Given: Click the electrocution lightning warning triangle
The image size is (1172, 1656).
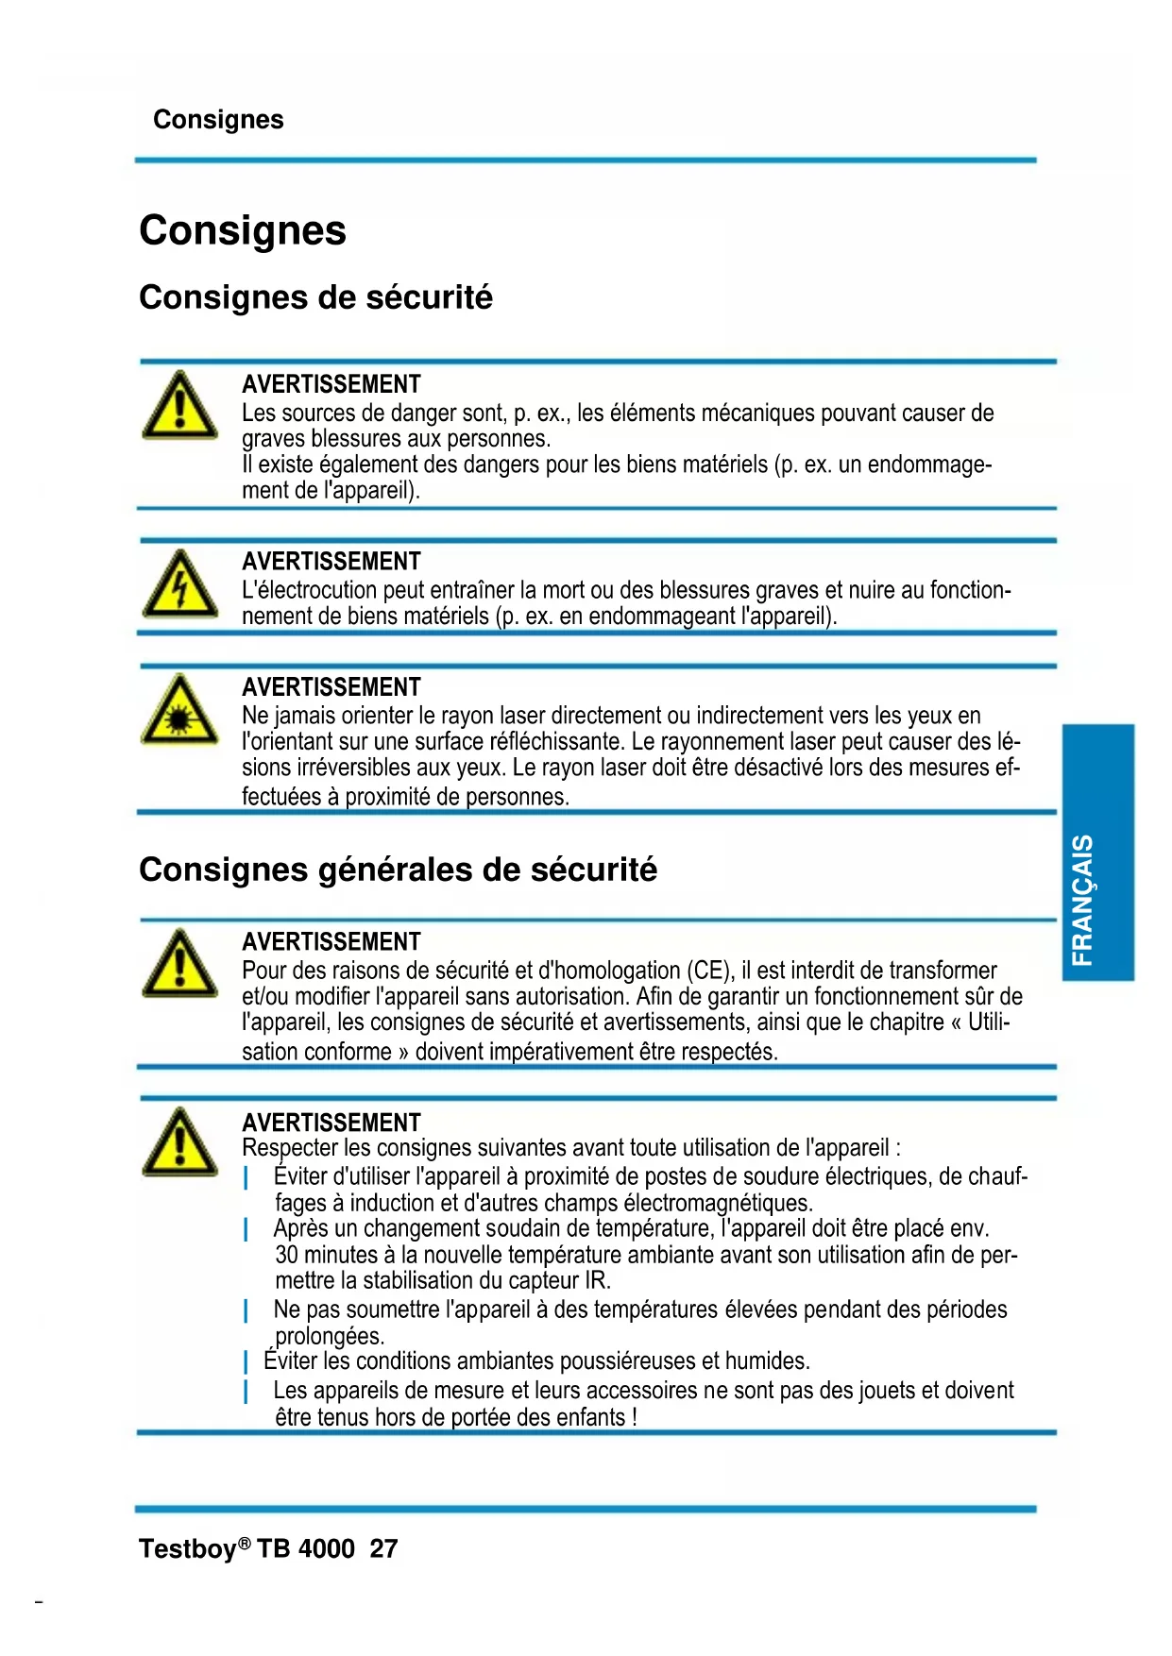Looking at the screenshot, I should coord(179,585).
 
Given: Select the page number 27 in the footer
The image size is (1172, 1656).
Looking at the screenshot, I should coord(383,1548).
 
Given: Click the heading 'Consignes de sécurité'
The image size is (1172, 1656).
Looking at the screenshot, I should coord(315,297).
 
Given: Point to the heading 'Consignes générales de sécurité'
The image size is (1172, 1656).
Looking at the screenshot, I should coord(398,869).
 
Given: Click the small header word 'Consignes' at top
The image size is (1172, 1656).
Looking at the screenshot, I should coord(218,120).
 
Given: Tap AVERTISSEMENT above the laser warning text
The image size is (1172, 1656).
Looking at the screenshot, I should coord(331,687).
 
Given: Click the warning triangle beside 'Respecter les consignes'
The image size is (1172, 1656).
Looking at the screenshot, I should coord(179,1143).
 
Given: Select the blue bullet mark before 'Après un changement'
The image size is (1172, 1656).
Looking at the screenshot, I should coord(246,1229).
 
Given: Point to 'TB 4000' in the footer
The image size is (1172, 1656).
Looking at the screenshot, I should coord(306,1548).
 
